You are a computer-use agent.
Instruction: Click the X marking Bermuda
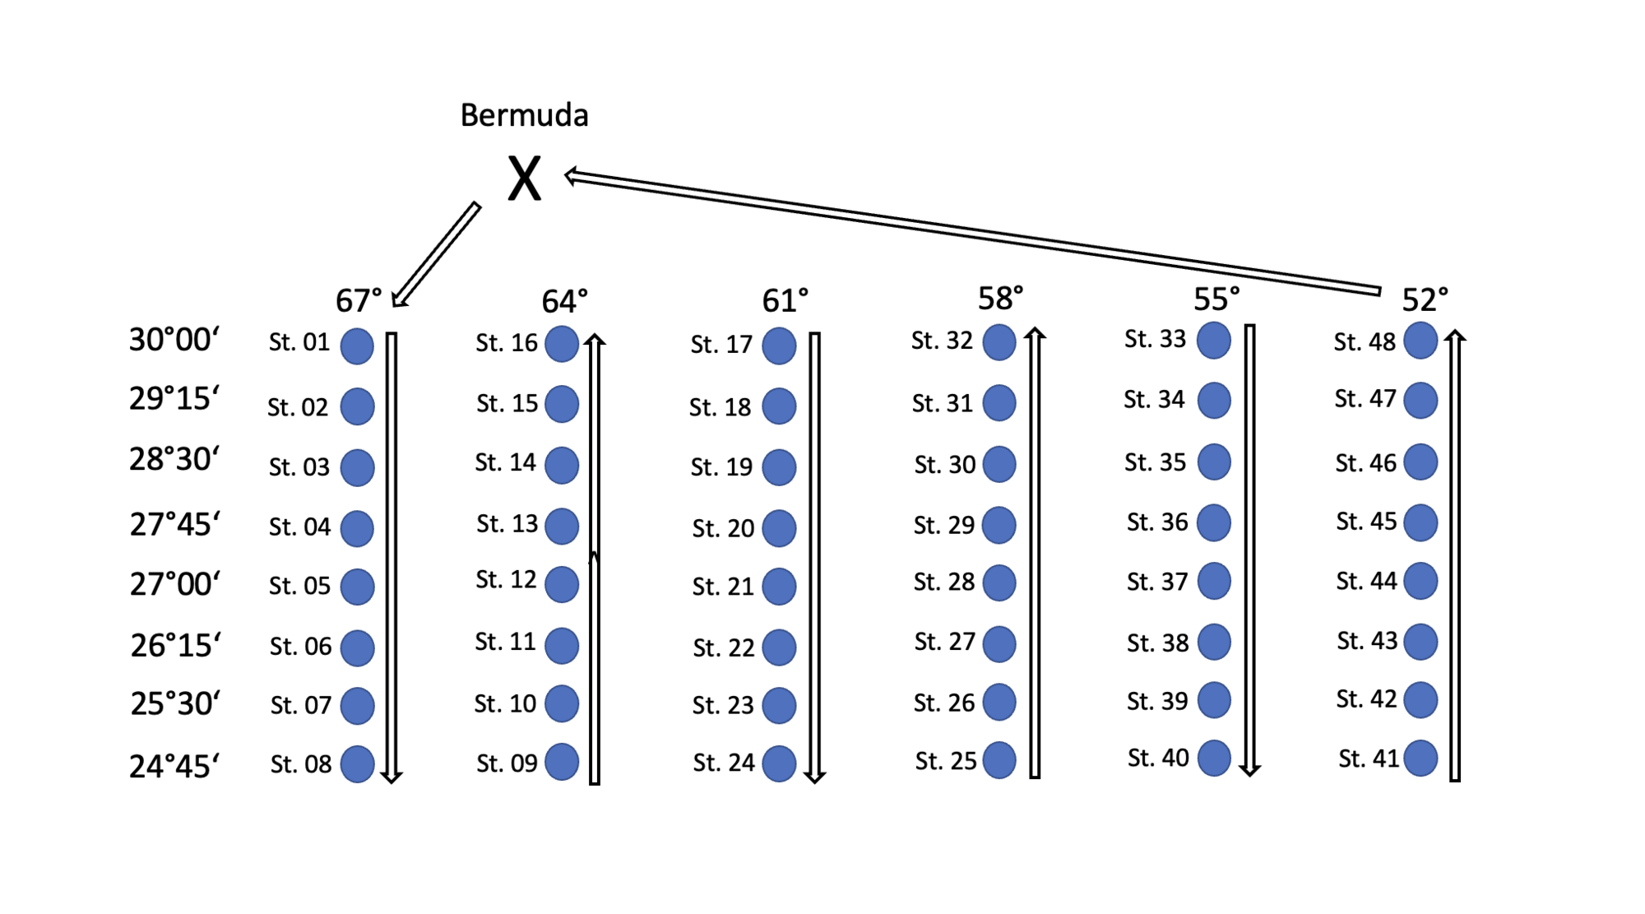tap(524, 179)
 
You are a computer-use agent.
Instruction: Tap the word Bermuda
tap(524, 115)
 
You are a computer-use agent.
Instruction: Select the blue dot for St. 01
tap(357, 346)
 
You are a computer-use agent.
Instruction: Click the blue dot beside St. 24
tap(778, 763)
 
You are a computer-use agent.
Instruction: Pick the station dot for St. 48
tap(1420, 341)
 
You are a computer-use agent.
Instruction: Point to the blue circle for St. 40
tap(1214, 758)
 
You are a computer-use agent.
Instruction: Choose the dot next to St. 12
tap(562, 584)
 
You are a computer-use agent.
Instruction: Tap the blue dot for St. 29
tap(999, 525)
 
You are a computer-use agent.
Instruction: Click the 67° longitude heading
tap(359, 301)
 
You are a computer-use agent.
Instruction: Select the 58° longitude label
tap(1000, 298)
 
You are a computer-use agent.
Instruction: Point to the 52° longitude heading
tap(1425, 299)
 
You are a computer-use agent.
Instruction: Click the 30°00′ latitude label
tap(174, 339)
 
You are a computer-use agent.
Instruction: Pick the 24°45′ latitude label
tap(174, 766)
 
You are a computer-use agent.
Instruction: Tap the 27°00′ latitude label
tap(174, 584)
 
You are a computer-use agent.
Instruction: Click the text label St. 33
tap(1155, 339)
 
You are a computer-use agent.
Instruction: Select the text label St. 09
tap(507, 763)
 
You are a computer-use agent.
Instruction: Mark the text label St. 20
tap(723, 528)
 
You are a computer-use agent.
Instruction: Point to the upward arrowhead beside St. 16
tap(595, 340)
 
